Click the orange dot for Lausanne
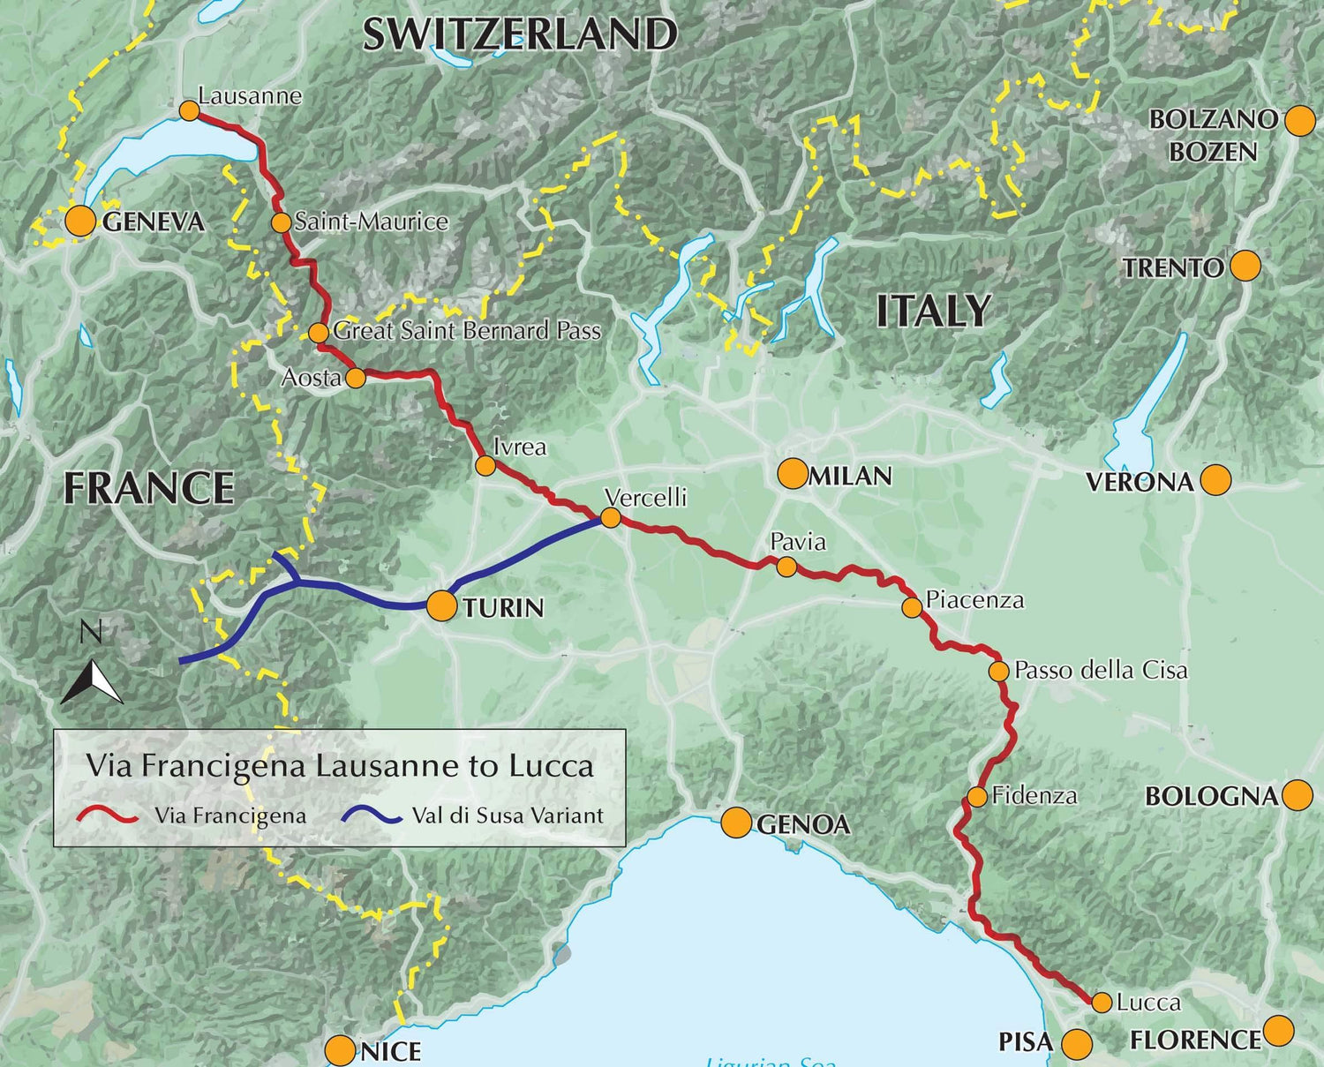(188, 110)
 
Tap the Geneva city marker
(80, 222)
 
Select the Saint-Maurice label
(371, 222)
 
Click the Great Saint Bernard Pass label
(467, 331)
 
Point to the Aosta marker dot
(355, 378)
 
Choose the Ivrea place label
(520, 447)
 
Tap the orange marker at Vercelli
(610, 517)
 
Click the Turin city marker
(441, 606)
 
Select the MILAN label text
(850, 476)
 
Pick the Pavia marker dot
(786, 567)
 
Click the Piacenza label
(974, 600)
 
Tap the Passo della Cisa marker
(998, 671)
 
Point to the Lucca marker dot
(1101, 1003)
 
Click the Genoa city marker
(735, 823)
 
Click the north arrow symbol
(92, 682)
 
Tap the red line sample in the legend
(108, 815)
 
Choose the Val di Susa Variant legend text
(508, 815)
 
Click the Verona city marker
(1216, 480)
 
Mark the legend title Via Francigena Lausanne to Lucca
(340, 765)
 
